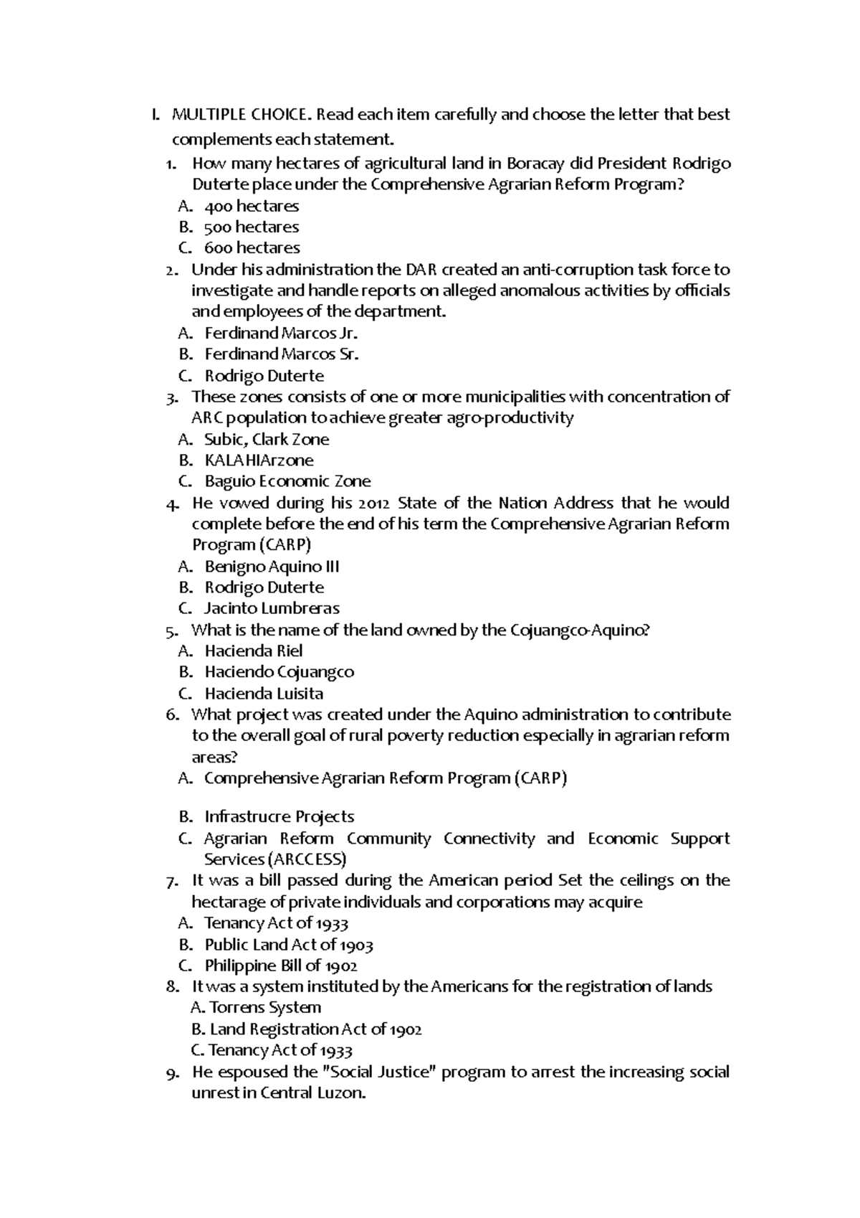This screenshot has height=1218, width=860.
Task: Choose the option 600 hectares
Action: [252, 248]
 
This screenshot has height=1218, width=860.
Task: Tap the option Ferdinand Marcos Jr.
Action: [280, 334]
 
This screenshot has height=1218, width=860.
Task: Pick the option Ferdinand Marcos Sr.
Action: [281, 354]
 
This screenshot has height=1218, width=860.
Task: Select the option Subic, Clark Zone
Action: [267, 440]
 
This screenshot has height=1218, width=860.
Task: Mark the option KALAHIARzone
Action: [259, 461]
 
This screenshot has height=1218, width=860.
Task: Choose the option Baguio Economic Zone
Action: [287, 481]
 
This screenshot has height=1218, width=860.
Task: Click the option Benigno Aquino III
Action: [272, 567]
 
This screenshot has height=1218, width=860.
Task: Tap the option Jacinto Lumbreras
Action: [272, 608]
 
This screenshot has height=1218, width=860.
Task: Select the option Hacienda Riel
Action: [253, 651]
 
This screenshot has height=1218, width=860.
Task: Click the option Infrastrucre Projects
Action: [279, 817]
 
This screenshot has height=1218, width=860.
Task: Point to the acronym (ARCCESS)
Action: [307, 859]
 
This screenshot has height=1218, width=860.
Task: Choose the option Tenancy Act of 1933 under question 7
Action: [276, 923]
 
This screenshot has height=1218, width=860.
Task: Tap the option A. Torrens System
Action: [257, 1008]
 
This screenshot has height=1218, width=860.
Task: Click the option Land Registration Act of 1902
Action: [307, 1029]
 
